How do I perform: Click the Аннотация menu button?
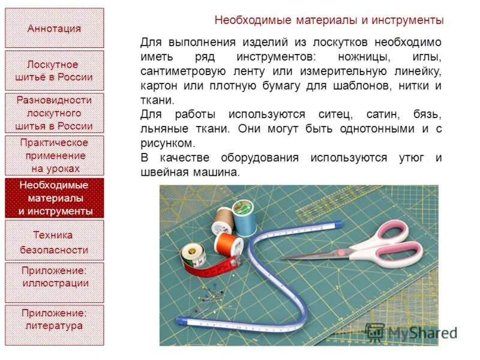[x=54, y=28]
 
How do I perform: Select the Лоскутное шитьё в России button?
[x=54, y=71]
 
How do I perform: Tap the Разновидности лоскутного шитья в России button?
[x=54, y=113]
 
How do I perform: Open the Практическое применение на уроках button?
[x=54, y=155]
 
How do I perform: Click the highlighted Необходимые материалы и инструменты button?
[x=54, y=198]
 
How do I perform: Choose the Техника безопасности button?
[x=54, y=241]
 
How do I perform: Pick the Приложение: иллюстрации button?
[x=54, y=283]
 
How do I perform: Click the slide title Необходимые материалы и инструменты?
[x=329, y=20]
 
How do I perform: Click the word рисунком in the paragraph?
[x=167, y=143]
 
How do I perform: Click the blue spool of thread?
[x=243, y=217]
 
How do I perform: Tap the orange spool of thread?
[x=229, y=244]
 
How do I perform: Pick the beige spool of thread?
[x=222, y=221]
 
